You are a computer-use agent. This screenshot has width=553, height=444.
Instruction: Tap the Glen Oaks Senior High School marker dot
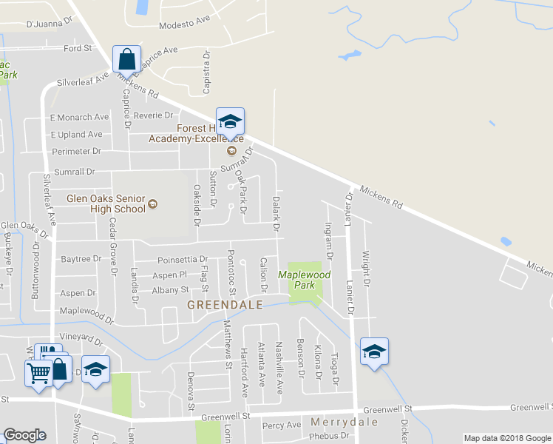click(152, 204)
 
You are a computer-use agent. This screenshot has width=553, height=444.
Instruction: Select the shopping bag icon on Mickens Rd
click(126, 59)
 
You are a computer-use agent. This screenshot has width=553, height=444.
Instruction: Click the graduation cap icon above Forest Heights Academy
click(230, 121)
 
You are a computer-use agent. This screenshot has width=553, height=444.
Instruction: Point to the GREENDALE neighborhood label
click(225, 305)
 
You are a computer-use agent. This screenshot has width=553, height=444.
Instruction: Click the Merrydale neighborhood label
click(345, 422)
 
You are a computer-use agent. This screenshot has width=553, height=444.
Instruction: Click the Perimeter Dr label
click(76, 151)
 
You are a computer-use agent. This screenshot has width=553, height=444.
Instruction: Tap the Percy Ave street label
click(282, 425)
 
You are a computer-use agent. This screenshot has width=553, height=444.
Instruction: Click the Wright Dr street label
click(365, 269)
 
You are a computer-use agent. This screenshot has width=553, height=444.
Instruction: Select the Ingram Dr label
click(329, 242)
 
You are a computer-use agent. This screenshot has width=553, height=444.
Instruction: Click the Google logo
click(25, 435)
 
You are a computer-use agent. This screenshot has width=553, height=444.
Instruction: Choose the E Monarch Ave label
click(79, 117)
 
